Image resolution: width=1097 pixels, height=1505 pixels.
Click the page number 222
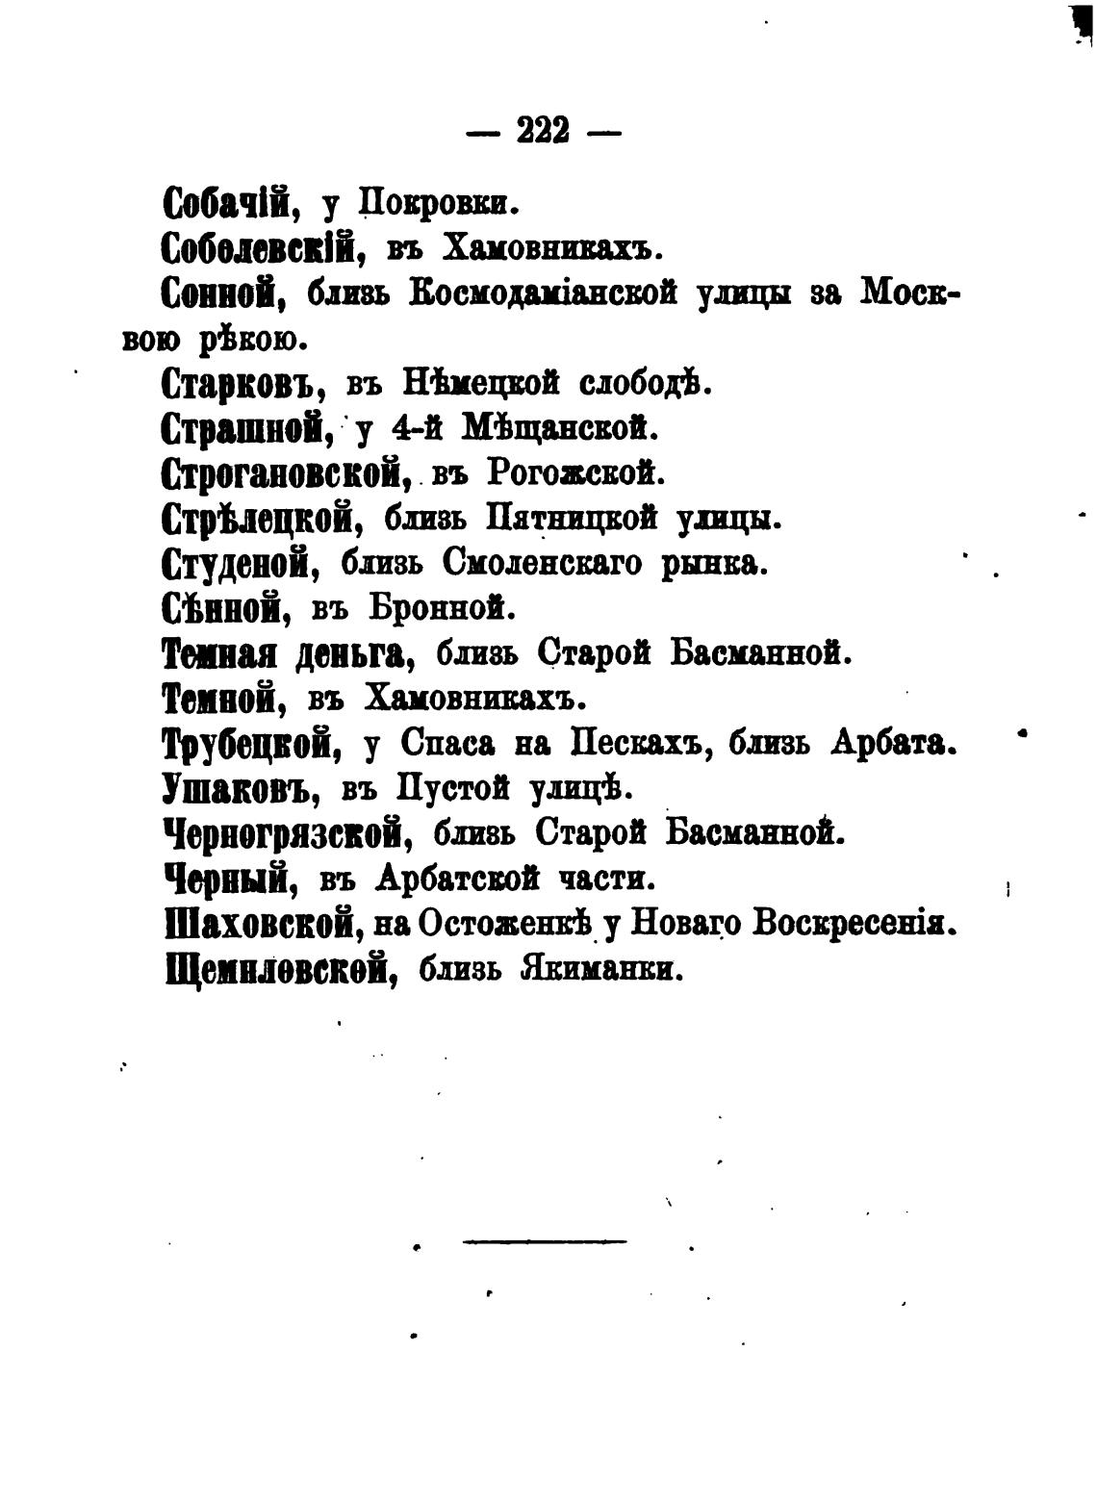click(544, 129)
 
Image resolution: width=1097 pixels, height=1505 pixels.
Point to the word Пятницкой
click(572, 520)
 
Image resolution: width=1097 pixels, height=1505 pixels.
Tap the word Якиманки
click(600, 968)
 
